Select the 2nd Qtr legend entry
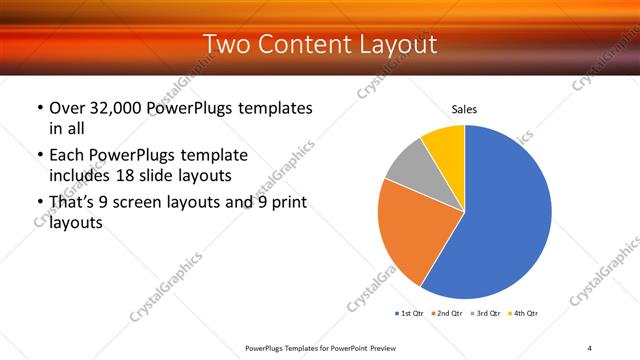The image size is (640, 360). click(x=444, y=314)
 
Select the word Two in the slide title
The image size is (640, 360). click(x=226, y=44)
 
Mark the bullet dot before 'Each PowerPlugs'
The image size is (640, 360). click(x=39, y=156)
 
